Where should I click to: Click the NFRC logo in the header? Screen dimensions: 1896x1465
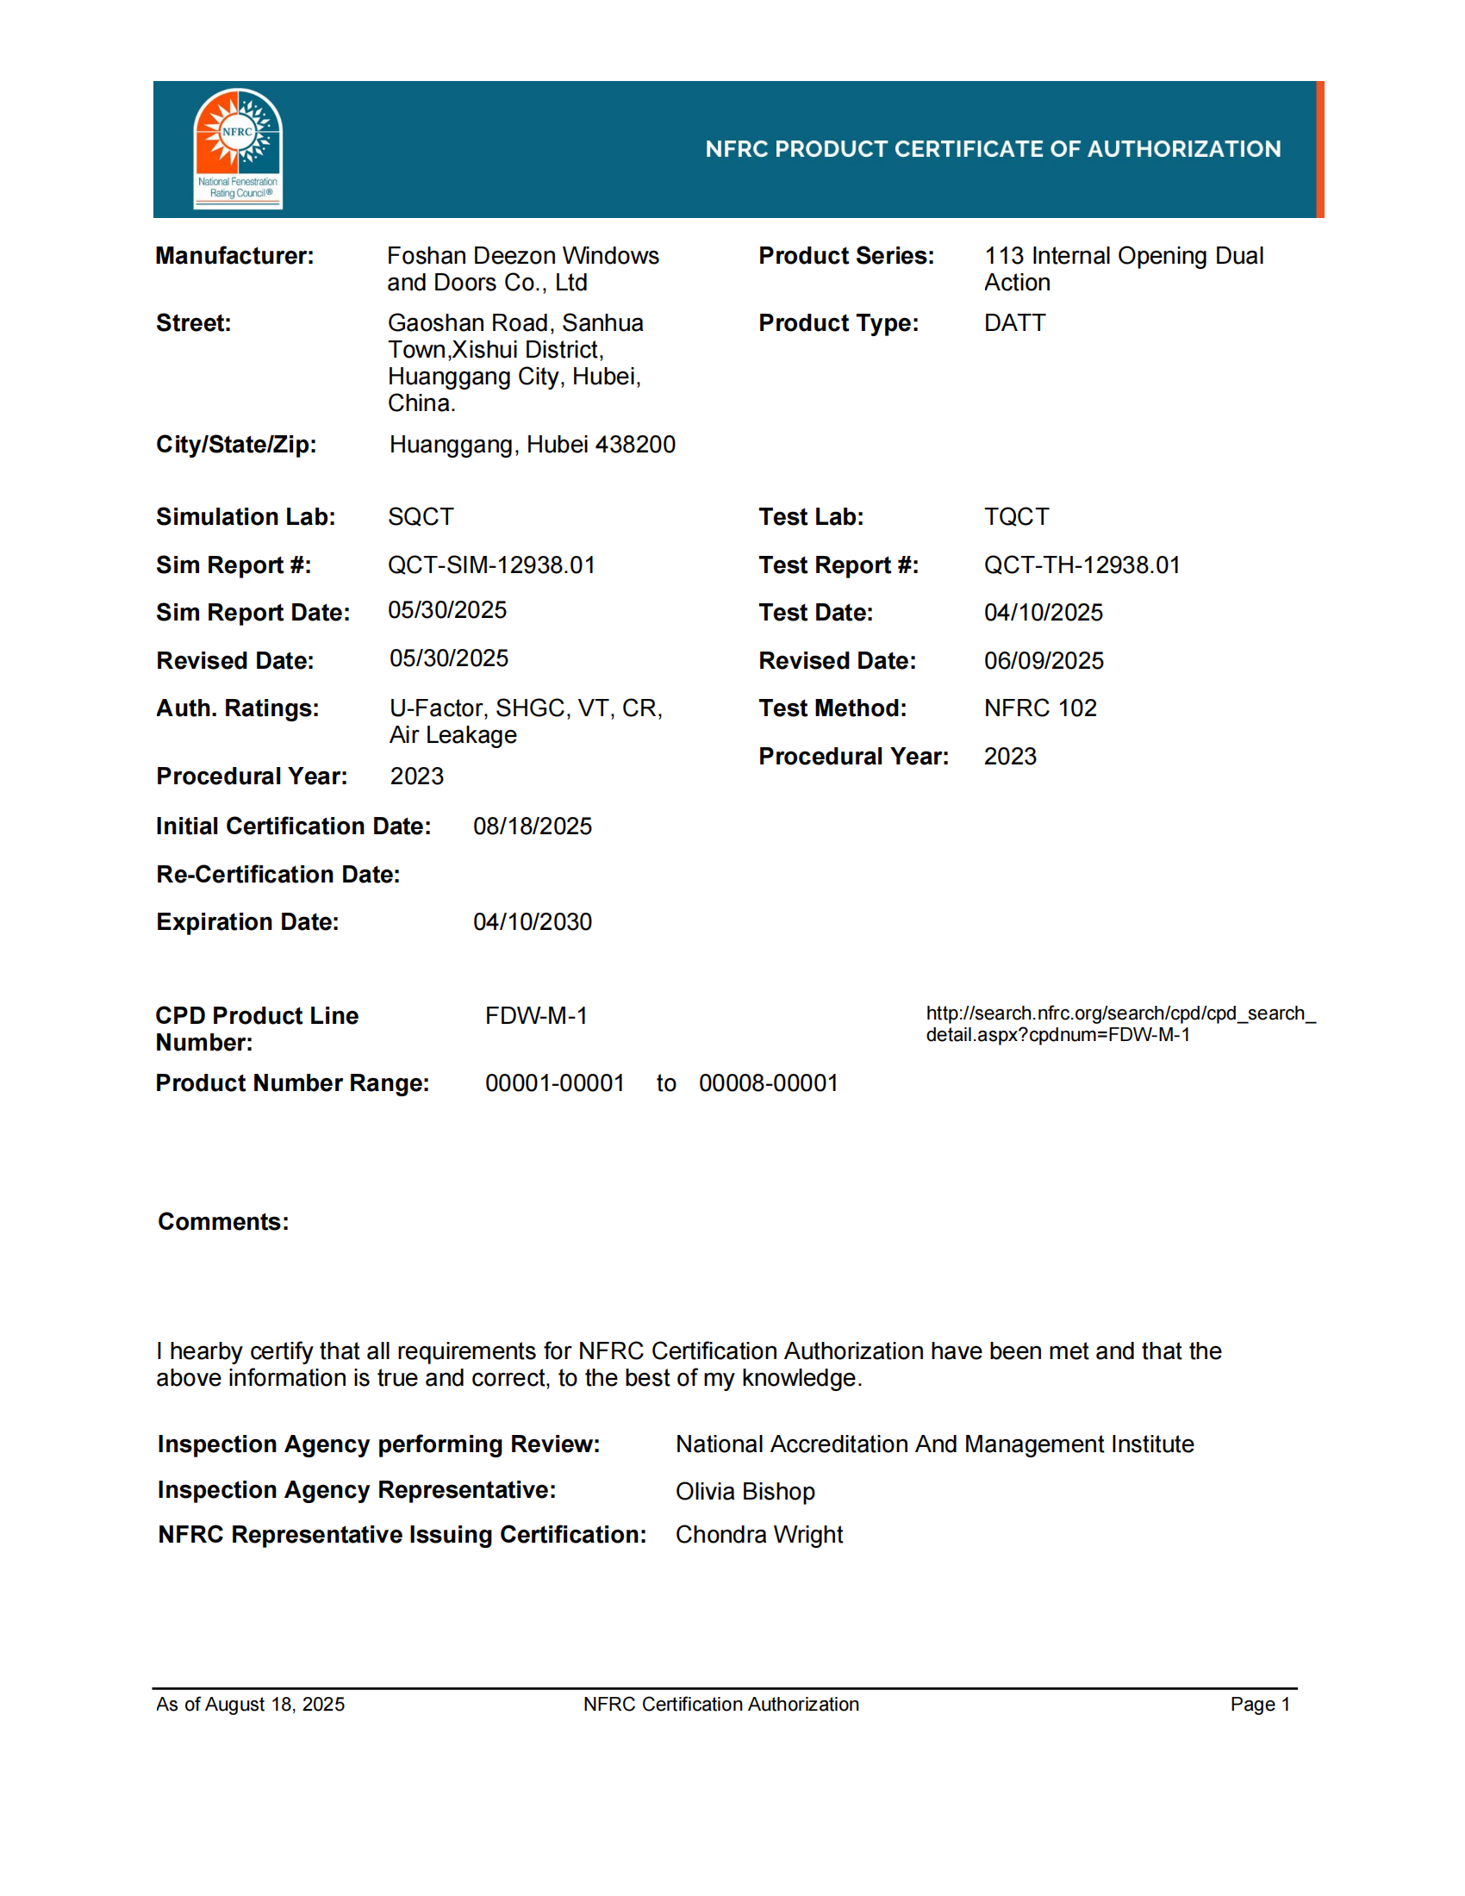(237, 148)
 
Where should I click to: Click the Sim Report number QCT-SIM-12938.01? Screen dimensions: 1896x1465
(491, 565)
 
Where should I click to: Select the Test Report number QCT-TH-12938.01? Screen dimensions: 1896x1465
(1082, 565)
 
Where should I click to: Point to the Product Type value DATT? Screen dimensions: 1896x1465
(1014, 323)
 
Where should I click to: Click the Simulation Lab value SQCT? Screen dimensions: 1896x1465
(420, 516)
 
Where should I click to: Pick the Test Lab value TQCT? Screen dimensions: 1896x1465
(1016, 516)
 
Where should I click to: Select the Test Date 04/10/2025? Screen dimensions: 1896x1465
(1044, 613)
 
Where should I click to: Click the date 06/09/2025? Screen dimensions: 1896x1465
(1044, 661)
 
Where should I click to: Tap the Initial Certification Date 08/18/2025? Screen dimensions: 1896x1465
(532, 826)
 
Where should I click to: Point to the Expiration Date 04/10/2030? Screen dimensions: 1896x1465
(532, 922)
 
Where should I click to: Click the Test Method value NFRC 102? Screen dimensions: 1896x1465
(1040, 708)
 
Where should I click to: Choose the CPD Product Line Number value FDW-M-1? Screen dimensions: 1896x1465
(535, 1016)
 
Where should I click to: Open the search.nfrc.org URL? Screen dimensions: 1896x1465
(1119, 1024)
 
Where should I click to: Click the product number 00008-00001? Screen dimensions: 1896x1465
(768, 1083)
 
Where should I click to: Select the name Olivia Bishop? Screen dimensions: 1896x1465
(745, 1492)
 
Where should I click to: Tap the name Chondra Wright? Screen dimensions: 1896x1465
(758, 1535)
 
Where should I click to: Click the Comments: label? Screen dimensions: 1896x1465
(223, 1222)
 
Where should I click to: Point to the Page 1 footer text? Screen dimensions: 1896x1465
(1259, 1704)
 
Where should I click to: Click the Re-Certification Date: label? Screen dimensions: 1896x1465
(277, 874)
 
